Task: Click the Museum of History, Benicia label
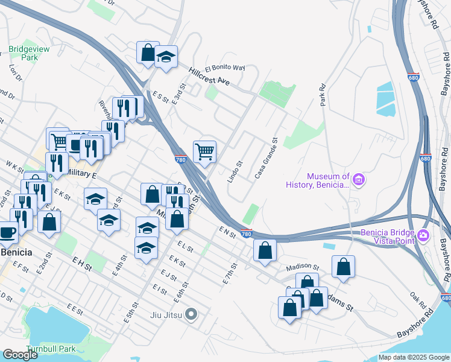328,180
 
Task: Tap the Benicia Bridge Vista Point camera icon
423,234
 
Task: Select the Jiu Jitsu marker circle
192,314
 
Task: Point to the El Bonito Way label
225,68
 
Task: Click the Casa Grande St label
266,157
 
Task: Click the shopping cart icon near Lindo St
204,151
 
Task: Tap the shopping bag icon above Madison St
265,249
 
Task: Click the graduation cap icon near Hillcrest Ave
166,57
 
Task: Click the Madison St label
302,266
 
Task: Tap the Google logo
20,355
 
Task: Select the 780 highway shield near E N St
245,233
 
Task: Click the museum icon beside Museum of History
359,180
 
